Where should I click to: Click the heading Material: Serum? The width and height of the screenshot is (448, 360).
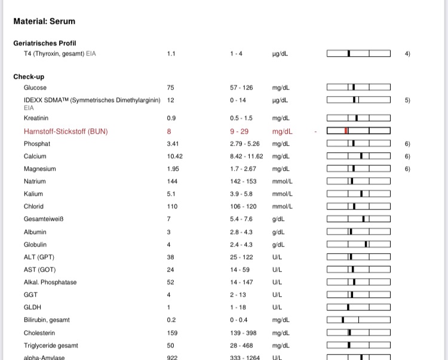pos(44,22)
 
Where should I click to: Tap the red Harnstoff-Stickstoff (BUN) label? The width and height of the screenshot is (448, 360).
pos(66,131)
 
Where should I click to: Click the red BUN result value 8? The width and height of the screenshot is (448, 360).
pos(169,131)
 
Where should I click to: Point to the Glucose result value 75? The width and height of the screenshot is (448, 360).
pos(170,87)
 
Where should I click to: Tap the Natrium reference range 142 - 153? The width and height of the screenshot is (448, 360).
pos(243,181)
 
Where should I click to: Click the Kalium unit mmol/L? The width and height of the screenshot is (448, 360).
pos(281,194)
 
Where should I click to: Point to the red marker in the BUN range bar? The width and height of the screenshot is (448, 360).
pos(346,131)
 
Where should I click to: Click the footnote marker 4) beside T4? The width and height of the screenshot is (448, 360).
pos(407,54)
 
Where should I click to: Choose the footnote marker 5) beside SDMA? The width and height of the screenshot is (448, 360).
pos(407,100)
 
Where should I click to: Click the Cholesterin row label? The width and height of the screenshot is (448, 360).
pos(39,333)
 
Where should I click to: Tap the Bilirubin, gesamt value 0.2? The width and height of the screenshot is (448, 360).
pos(171,320)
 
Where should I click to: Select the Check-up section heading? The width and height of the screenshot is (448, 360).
pos(29,76)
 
